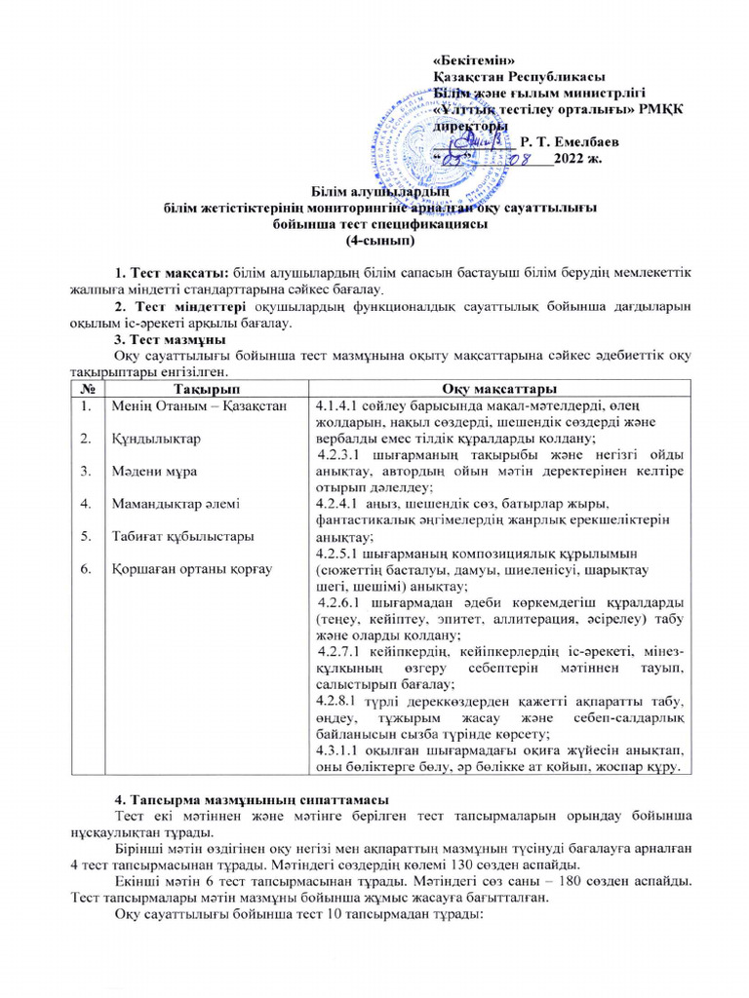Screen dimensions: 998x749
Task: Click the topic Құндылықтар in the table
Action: pyautogui.click(x=156, y=439)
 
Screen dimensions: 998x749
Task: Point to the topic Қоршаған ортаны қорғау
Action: pyautogui.click(x=188, y=568)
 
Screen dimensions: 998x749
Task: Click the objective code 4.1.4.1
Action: pyautogui.click(x=338, y=405)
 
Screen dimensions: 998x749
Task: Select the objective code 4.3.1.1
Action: pyautogui.click(x=338, y=748)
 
